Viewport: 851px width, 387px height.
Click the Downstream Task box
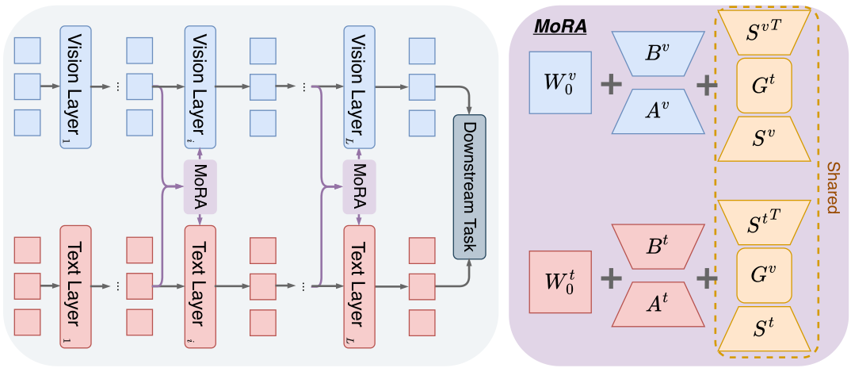469,186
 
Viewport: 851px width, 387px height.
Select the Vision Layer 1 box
76,86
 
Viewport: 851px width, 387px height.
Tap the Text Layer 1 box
76,285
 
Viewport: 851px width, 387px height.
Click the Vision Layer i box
200,86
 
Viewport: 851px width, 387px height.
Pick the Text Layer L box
359,285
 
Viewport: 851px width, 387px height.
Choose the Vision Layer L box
359,86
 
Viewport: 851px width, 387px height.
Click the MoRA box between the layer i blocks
200,186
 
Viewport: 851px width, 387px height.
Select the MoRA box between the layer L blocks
359,186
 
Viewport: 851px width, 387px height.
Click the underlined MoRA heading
559,26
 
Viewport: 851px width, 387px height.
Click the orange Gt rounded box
765,85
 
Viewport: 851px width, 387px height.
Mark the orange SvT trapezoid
765,33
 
